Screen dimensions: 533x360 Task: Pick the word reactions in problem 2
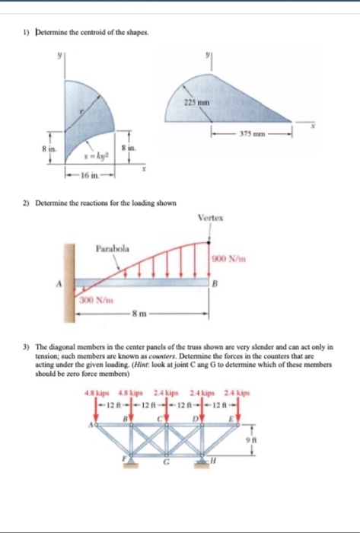click(81, 203)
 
